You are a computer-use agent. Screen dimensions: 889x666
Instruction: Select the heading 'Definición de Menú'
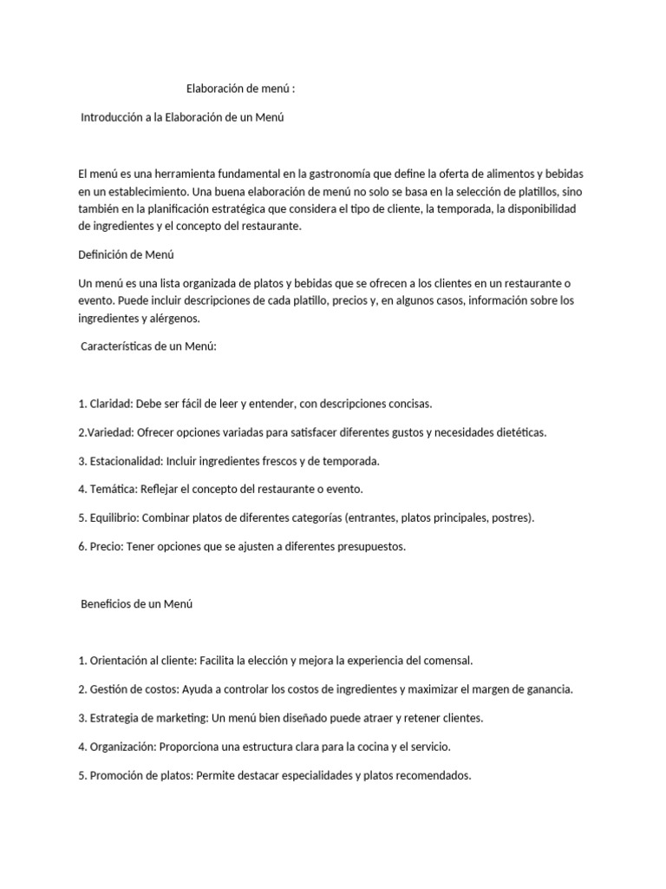pyautogui.click(x=126, y=254)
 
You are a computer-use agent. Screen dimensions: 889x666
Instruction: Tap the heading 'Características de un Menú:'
pyautogui.click(x=147, y=346)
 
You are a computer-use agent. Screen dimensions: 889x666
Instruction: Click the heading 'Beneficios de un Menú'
pyautogui.click(x=136, y=603)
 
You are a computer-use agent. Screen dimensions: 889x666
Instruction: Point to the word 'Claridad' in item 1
pyautogui.click(x=111, y=404)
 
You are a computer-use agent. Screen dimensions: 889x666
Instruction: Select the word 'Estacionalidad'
pyautogui.click(x=126, y=461)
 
